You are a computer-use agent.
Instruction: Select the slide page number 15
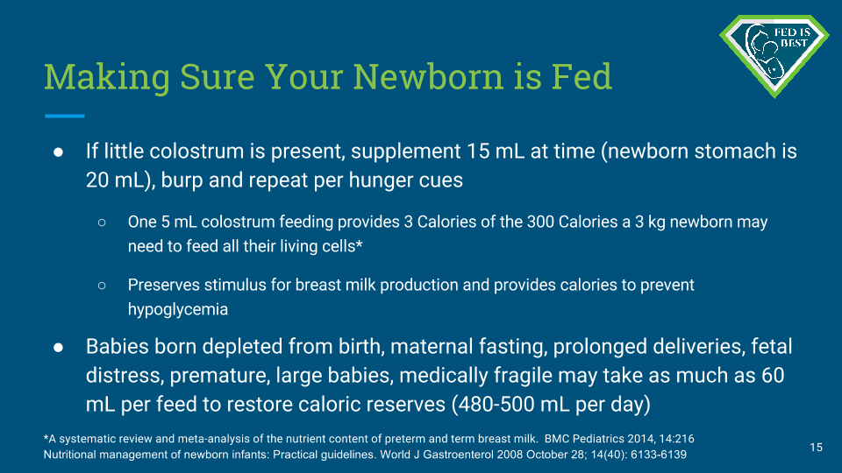pos(817,448)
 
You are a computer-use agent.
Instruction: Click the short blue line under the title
pos(64,116)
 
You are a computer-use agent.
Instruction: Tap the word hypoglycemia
pos(178,309)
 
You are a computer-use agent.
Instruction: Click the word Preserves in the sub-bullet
pos(164,285)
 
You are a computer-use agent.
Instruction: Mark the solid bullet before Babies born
pos(58,348)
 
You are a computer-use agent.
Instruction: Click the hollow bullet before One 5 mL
pos(102,222)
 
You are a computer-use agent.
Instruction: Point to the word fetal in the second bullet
pos(771,347)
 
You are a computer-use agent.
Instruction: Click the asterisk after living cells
pos(360,244)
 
